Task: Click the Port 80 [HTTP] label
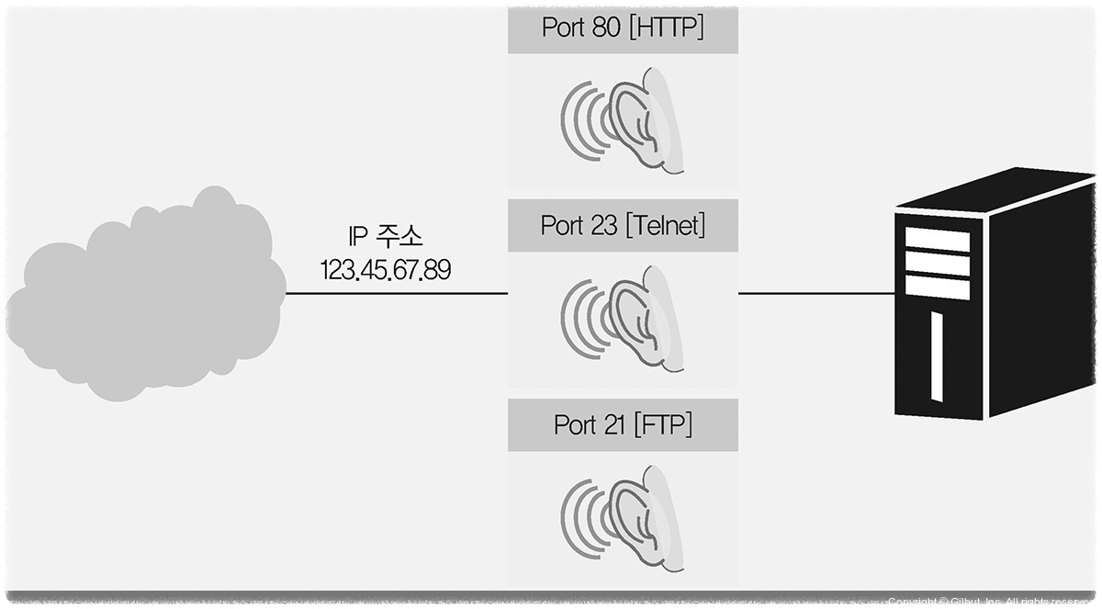(x=623, y=28)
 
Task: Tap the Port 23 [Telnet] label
(x=623, y=225)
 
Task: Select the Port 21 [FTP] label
(x=623, y=425)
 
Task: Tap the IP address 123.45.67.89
(x=386, y=270)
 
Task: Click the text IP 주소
(x=386, y=237)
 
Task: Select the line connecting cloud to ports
(x=395, y=294)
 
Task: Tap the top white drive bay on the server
(x=937, y=241)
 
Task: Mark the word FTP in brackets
(x=663, y=425)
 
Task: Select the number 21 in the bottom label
(x=613, y=425)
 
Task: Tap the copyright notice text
(x=992, y=602)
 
